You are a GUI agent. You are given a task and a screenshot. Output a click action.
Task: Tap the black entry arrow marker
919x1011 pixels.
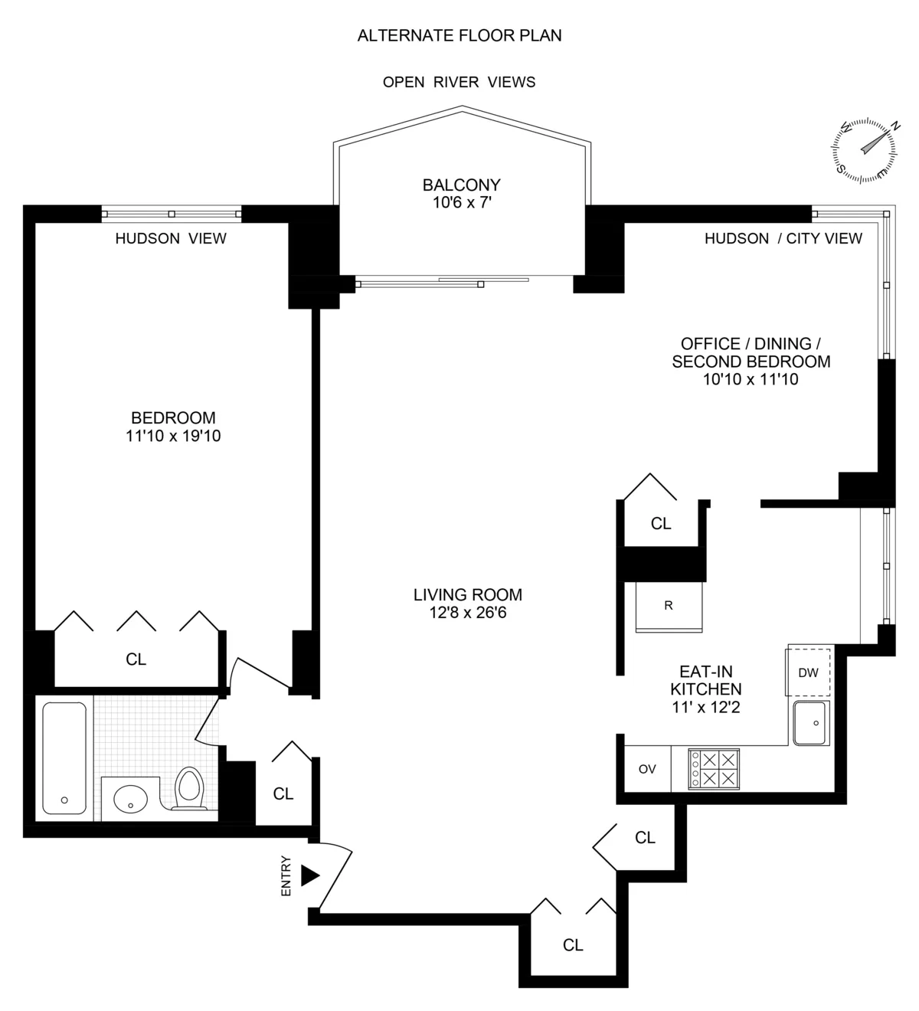(x=309, y=875)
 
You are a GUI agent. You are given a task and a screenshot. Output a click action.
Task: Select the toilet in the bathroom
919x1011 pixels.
(x=188, y=789)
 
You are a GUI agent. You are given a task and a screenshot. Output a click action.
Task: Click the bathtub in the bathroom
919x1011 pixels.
(x=64, y=758)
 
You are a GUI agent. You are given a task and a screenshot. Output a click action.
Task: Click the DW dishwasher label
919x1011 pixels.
(x=808, y=673)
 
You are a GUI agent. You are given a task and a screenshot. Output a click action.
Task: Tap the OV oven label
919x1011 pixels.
(x=647, y=769)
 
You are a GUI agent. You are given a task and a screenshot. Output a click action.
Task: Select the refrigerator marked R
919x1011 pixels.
(x=669, y=606)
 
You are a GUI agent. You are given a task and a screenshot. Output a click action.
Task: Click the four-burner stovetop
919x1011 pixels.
(x=714, y=769)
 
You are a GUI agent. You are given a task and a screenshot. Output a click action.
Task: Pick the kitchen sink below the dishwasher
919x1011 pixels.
(x=811, y=723)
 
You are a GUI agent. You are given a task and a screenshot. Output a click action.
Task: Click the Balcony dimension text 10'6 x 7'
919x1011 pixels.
(x=462, y=202)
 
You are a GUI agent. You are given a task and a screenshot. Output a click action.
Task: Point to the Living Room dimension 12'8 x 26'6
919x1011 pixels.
(x=468, y=613)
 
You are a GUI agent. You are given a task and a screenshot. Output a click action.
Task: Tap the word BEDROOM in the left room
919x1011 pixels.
(x=173, y=418)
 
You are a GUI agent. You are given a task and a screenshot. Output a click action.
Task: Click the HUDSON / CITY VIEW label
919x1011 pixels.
(x=783, y=238)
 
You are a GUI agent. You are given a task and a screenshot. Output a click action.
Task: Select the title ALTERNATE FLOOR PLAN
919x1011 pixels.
(x=459, y=35)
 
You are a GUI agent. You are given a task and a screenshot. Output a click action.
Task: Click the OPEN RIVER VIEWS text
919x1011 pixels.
(x=459, y=82)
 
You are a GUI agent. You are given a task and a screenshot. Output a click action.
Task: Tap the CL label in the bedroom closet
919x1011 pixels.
(x=136, y=659)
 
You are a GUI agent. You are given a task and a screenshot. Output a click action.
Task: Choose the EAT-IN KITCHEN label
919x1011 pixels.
(x=705, y=680)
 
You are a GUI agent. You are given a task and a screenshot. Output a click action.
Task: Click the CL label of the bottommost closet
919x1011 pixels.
(x=573, y=945)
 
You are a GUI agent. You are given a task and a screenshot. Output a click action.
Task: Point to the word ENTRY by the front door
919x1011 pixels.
(x=286, y=875)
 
